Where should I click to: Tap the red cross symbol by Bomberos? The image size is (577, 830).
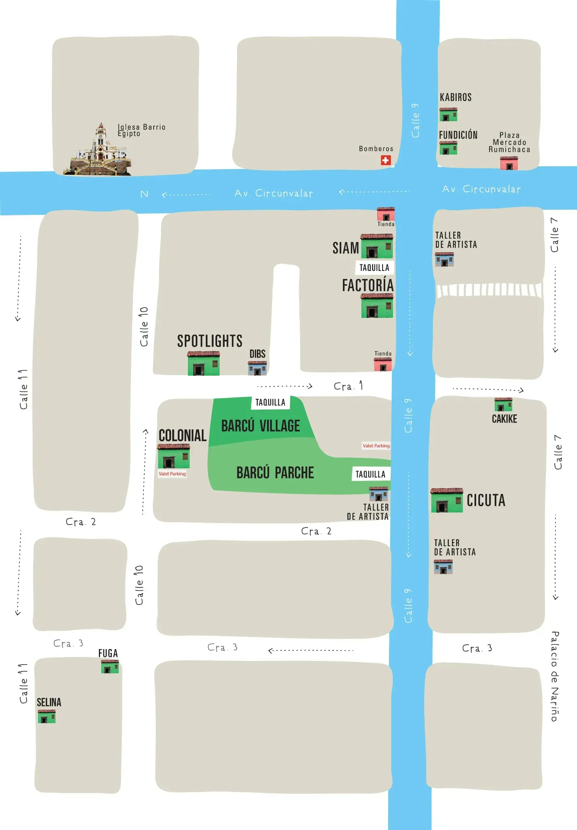pyautogui.click(x=385, y=160)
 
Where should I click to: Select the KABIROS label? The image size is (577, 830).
pyautogui.click(x=455, y=97)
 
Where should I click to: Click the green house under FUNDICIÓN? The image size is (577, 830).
pyautogui.click(x=448, y=148)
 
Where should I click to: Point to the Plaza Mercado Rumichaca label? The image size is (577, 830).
pyautogui.click(x=509, y=142)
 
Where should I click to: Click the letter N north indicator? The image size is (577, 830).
pyautogui.click(x=144, y=194)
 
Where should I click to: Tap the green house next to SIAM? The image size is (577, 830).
pyautogui.click(x=377, y=246)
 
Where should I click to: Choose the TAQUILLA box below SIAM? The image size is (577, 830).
pyautogui.click(x=374, y=268)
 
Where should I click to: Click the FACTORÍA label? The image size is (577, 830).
pyautogui.click(x=368, y=285)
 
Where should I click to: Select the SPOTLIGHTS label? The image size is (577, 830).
pyautogui.click(x=209, y=341)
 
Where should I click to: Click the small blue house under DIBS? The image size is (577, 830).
pyautogui.click(x=257, y=368)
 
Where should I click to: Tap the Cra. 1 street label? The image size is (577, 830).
pyautogui.click(x=348, y=386)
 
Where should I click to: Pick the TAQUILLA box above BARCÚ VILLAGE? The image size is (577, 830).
pyautogui.click(x=270, y=402)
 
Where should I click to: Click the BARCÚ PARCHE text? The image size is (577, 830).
pyautogui.click(x=275, y=473)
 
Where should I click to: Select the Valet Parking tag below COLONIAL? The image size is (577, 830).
pyautogui.click(x=172, y=474)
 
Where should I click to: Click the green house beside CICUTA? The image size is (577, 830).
pyautogui.click(x=447, y=500)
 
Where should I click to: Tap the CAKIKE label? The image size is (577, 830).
pyautogui.click(x=504, y=419)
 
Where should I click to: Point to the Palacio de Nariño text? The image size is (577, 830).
pyautogui.click(x=555, y=676)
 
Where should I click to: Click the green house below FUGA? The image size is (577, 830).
pyautogui.click(x=110, y=667)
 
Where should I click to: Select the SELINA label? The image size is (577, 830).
pyautogui.click(x=49, y=702)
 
